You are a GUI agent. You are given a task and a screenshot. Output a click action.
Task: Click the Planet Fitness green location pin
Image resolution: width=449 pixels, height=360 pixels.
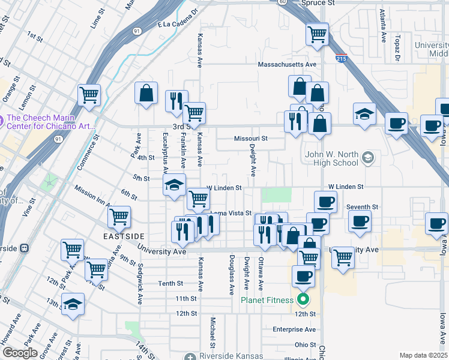304,299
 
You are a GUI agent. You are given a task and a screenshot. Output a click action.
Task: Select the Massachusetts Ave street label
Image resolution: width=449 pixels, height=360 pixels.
286,64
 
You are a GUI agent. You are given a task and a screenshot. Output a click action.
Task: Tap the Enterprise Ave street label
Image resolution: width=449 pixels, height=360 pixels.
294,329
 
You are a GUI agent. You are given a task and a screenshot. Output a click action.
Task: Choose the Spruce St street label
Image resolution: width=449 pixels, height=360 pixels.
319,3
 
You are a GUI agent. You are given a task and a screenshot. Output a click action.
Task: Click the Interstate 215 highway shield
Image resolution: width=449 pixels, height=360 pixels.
342,58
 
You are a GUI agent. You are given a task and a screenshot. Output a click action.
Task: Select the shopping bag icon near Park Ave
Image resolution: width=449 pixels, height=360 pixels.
146,94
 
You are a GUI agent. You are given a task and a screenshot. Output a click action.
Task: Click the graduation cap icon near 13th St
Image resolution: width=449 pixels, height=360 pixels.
73,305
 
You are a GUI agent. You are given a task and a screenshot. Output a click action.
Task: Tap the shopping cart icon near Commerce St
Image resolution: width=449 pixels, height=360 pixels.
89,94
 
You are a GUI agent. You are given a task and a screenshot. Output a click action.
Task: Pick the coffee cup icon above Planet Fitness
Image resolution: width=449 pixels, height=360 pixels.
303,277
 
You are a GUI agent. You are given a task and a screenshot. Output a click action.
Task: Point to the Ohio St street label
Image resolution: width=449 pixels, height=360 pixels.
305,345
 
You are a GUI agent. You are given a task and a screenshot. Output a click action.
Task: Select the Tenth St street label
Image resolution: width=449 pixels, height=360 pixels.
170,283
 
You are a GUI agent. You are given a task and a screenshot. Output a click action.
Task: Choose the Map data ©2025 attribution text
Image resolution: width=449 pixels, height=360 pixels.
423,355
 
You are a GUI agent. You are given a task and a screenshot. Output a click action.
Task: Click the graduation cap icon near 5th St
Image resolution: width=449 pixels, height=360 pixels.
173,185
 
